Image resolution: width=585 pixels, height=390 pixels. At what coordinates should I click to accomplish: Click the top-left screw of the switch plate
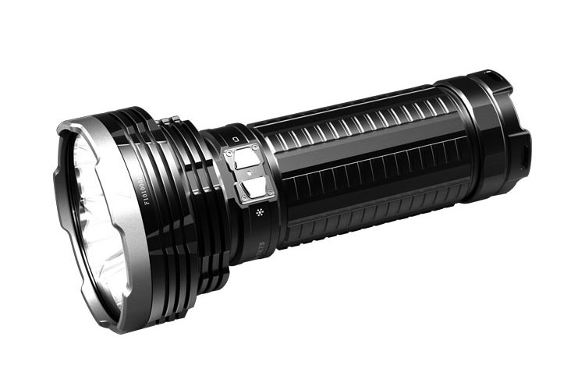[230, 154]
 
